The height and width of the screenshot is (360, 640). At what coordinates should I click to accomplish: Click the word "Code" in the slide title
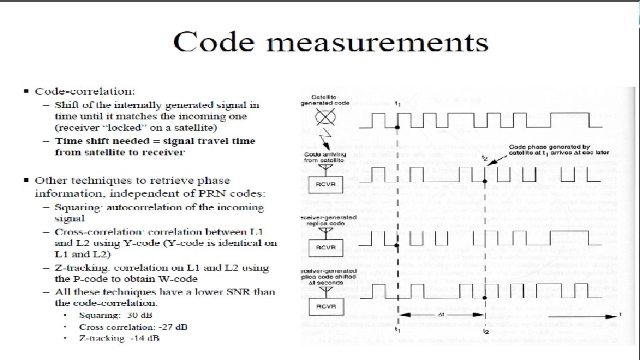tap(213, 43)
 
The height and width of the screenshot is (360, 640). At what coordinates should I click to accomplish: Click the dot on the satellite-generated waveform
tap(397, 127)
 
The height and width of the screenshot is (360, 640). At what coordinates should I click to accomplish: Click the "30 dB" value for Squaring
tap(143, 315)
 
